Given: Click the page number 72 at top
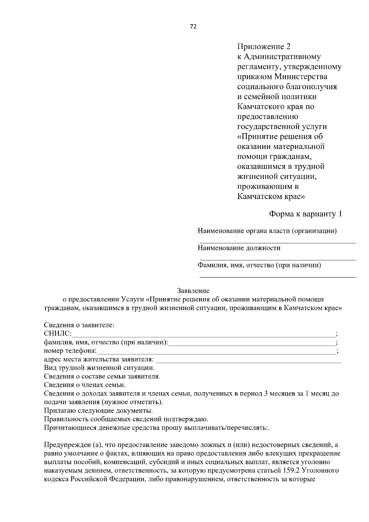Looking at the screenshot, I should coord(193,26).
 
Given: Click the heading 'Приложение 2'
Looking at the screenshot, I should coord(264,47).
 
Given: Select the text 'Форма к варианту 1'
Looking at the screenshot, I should coord(305,214).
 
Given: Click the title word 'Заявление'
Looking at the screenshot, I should coord(193,291).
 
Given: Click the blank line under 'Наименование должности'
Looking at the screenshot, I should coord(278,260).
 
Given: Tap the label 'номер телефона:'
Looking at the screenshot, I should coord(70,351).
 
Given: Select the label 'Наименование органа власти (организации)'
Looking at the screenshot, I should coord(267,231).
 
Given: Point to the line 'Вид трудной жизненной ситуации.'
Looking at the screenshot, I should coord(99,368).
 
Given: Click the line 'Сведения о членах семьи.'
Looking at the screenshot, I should coord(85,385).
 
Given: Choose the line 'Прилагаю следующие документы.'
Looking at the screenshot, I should coord(98,411).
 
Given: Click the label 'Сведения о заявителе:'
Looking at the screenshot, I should coord(79,325).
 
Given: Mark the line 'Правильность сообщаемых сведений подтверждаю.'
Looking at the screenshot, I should coord(126,419).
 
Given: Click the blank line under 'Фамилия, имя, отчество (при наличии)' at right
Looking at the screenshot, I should coord(278,277).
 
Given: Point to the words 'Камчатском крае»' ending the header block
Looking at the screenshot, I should coord(271,197).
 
